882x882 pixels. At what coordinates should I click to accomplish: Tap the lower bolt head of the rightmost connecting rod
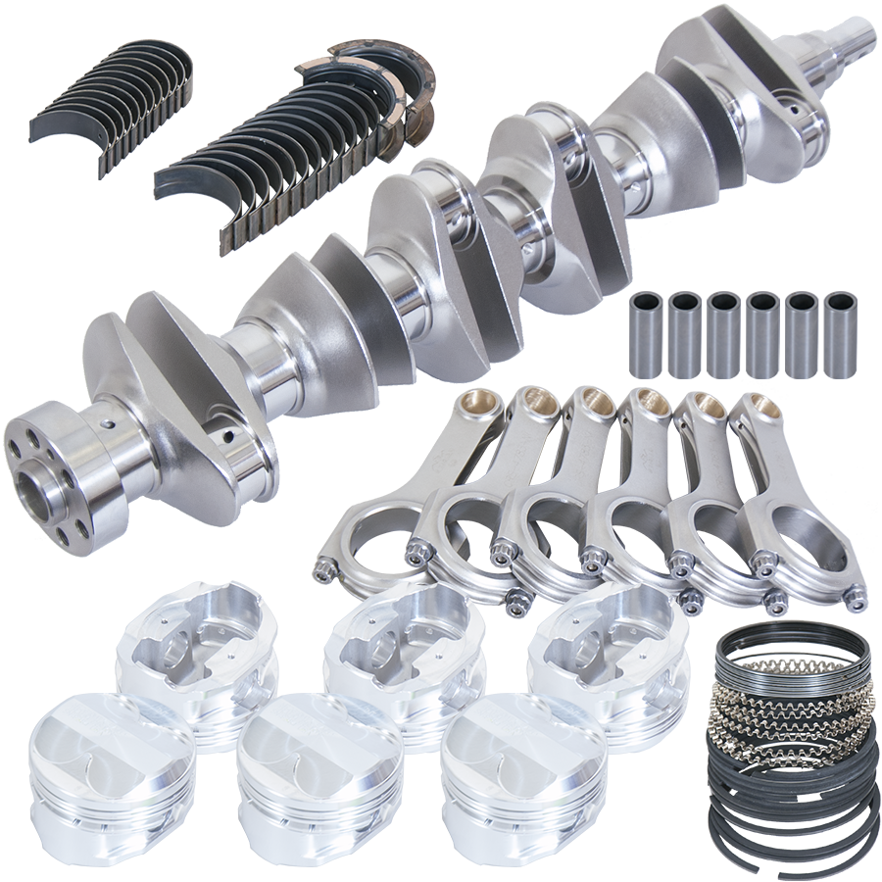tap(855, 593)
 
